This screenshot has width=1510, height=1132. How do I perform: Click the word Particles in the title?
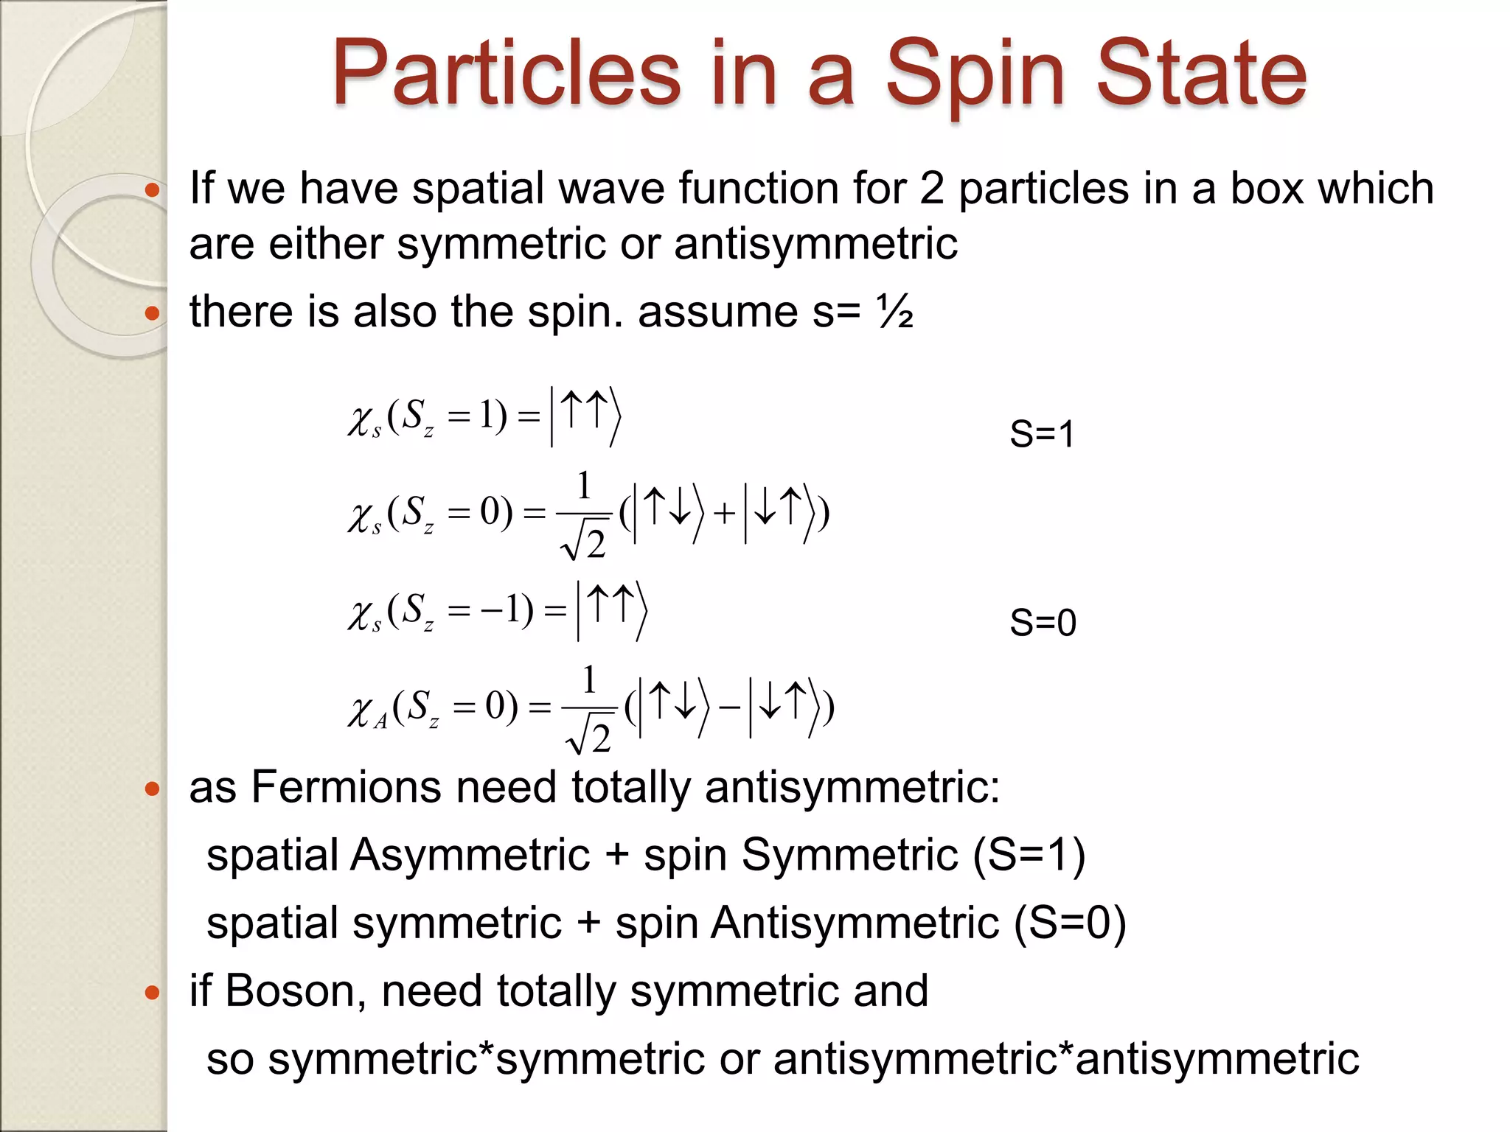click(x=506, y=74)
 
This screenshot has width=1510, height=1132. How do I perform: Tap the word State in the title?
click(x=1202, y=74)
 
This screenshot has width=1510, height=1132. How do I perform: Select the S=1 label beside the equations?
click(x=1042, y=434)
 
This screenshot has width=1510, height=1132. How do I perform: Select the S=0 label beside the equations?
click(x=1043, y=623)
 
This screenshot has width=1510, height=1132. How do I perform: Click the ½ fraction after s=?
click(x=895, y=312)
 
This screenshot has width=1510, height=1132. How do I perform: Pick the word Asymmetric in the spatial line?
click(x=470, y=855)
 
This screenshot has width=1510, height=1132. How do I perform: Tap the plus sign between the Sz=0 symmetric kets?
click(x=724, y=513)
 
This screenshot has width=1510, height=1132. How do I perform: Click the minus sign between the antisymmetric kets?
click(x=729, y=707)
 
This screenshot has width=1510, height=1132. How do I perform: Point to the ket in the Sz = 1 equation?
click(x=585, y=416)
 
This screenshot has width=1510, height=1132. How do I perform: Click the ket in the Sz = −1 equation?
click(x=611, y=610)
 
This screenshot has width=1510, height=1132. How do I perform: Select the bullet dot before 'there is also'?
click(x=153, y=314)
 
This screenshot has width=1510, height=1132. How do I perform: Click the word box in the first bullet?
click(x=1267, y=189)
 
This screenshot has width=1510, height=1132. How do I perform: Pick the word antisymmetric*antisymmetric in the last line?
click(x=1066, y=1058)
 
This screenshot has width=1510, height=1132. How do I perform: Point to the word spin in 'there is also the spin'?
click(x=568, y=312)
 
